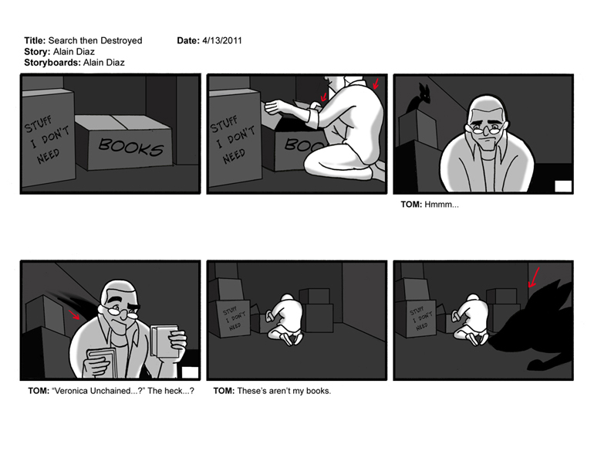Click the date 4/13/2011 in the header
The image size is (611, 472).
click(222, 41)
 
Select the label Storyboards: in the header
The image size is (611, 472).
click(52, 63)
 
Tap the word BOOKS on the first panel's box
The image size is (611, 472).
click(130, 146)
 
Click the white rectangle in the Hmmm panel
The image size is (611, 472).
click(563, 186)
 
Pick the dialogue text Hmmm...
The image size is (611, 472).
click(441, 205)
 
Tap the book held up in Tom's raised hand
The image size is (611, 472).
click(164, 341)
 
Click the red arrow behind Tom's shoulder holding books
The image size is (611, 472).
click(74, 314)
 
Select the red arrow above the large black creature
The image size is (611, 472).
click(534, 277)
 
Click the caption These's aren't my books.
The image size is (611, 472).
click(272, 391)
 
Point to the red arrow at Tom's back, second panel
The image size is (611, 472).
click(376, 83)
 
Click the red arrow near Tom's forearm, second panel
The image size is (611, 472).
click(324, 97)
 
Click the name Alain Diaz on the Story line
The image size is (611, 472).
click(73, 52)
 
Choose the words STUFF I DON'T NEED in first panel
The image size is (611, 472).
click(47, 139)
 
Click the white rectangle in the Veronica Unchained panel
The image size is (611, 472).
click(190, 372)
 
